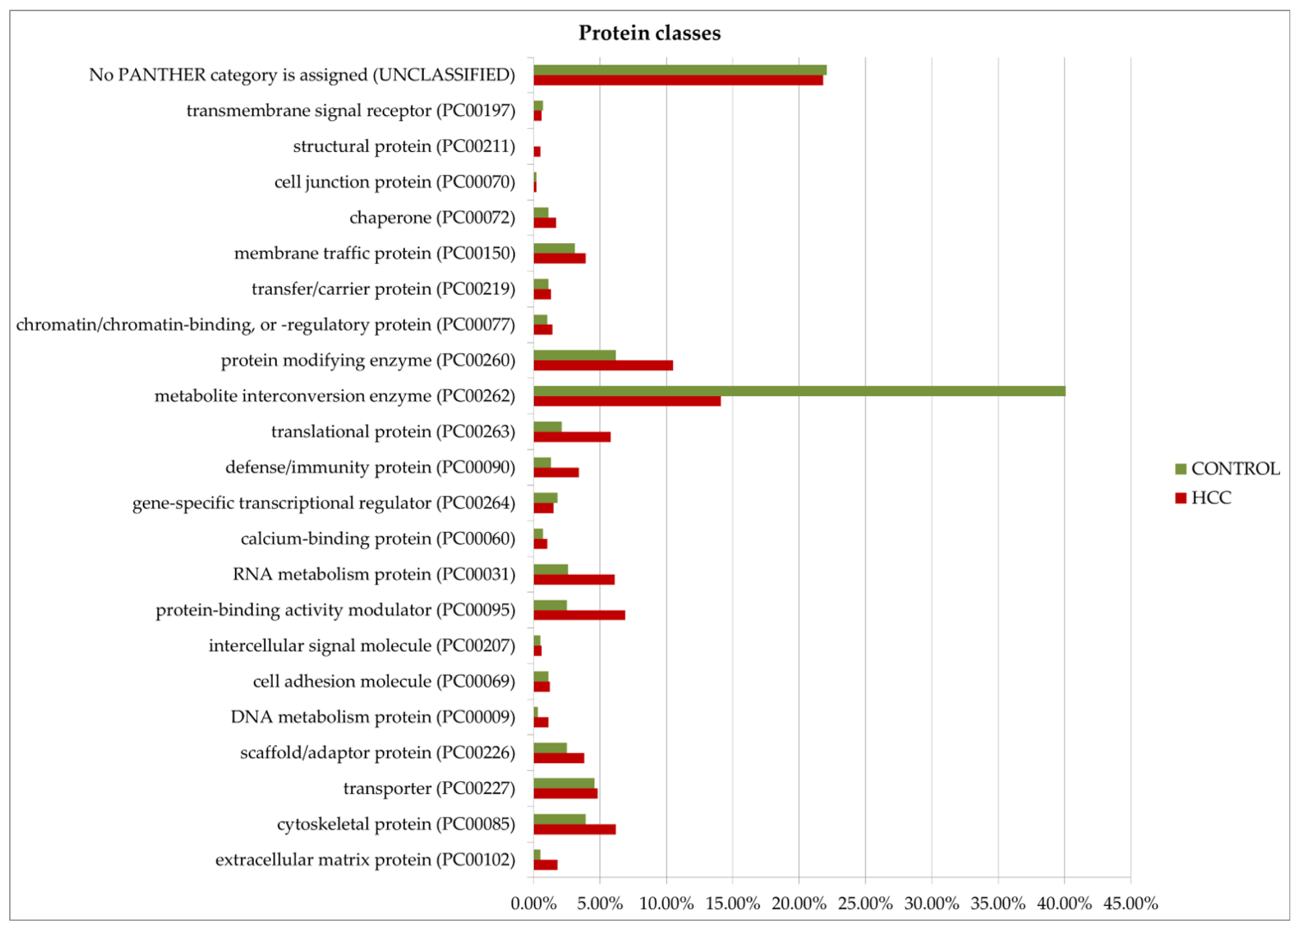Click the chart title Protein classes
[649, 33]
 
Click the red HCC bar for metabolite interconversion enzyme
[626, 401]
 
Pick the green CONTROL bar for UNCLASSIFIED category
[679, 70]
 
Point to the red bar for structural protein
[537, 152]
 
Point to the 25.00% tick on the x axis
[865, 903]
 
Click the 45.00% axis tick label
[1130, 903]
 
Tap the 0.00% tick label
[533, 903]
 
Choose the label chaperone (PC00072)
[432, 218]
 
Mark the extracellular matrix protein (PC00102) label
[365, 860]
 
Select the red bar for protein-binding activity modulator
[579, 615]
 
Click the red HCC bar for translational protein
[571, 437]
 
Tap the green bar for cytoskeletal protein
[559, 818]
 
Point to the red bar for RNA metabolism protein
[574, 580]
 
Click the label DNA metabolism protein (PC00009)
[373, 717]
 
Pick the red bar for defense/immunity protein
[555, 472]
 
